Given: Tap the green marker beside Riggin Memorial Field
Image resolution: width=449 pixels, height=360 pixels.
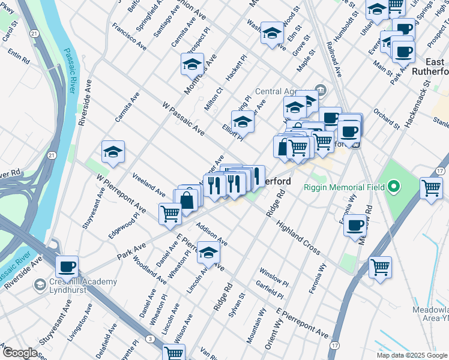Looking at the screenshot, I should click(394, 187).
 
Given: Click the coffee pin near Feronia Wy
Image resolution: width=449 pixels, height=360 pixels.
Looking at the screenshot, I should click(355, 225).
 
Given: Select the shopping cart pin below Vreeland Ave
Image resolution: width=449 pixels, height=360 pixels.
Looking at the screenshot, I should click(170, 213).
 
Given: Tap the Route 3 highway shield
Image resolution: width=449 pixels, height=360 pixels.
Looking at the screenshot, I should click(148, 340).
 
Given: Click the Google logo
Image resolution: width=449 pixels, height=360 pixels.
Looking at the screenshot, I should click(20, 353).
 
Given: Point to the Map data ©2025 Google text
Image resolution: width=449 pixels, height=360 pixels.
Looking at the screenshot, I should click(412, 355).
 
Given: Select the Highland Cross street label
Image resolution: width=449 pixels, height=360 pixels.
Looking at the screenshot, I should click(298, 238).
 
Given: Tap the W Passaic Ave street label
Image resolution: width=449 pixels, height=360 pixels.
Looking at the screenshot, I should click(183, 118).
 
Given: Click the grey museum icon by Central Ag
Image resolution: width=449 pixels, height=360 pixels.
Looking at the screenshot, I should click(321, 91).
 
